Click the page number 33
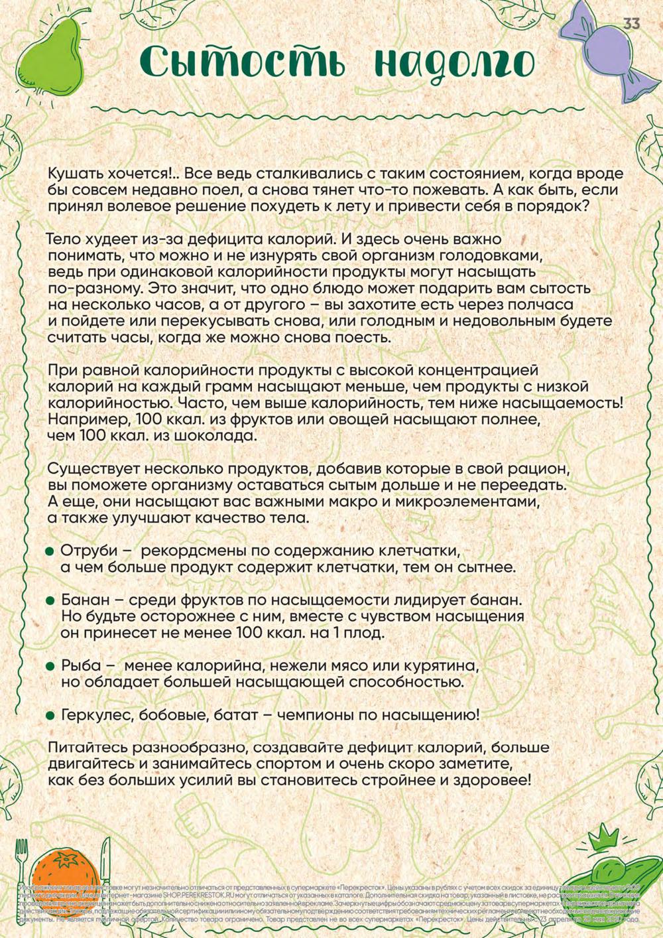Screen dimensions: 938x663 click(x=631, y=23)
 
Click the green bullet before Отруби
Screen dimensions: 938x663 click(x=50, y=552)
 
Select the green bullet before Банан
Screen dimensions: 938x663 click(x=50, y=600)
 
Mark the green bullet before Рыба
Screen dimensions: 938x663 click(x=50, y=666)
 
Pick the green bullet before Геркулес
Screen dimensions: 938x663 click(x=50, y=716)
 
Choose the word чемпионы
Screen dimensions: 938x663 click(x=318, y=715)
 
